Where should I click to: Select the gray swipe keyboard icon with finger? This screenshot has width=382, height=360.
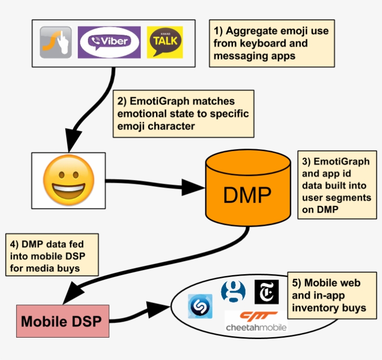[x=56, y=42]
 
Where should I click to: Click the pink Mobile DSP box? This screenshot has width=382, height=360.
[x=62, y=321]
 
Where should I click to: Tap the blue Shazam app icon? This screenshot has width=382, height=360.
[x=200, y=306]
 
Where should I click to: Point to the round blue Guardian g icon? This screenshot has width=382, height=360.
[x=233, y=291]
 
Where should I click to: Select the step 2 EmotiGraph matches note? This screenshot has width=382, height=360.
[x=184, y=114]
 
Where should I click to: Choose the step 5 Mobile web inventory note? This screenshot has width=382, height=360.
[x=332, y=296]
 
